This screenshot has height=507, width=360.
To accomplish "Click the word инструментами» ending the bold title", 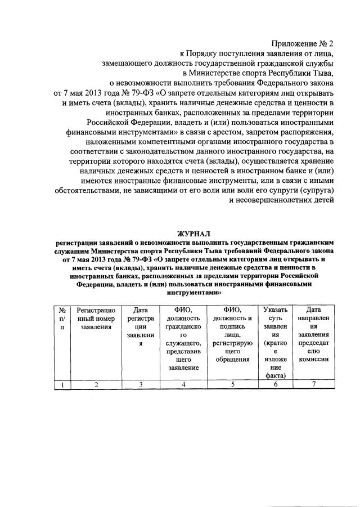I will pos(177,293).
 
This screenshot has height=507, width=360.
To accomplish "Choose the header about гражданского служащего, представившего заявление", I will pos(183,338).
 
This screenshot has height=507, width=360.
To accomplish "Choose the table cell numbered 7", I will pos(314,384).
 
